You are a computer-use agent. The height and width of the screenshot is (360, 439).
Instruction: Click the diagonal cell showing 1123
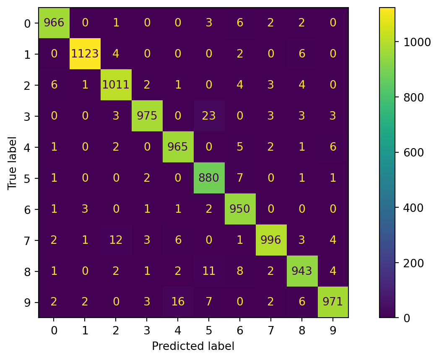(85, 54)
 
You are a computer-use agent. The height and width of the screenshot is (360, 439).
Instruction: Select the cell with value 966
(54, 23)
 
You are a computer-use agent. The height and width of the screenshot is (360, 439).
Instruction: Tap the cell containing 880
(209, 178)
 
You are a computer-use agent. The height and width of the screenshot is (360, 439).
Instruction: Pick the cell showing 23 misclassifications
(209, 116)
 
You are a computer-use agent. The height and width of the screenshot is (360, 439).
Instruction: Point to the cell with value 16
(178, 302)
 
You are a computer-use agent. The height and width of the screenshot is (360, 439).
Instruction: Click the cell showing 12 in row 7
(116, 240)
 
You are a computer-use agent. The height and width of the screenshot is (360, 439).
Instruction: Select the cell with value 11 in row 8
(209, 271)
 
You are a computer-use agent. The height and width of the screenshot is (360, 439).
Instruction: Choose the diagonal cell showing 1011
(116, 85)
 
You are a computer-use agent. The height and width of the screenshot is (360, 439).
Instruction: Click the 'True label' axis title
(12, 162)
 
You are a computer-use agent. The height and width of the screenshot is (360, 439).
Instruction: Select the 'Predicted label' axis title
(193, 346)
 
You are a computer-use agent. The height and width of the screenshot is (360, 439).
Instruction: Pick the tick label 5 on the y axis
(28, 178)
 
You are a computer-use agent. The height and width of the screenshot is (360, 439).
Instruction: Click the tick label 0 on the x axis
(54, 331)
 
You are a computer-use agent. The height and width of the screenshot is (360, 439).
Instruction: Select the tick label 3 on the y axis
(28, 116)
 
